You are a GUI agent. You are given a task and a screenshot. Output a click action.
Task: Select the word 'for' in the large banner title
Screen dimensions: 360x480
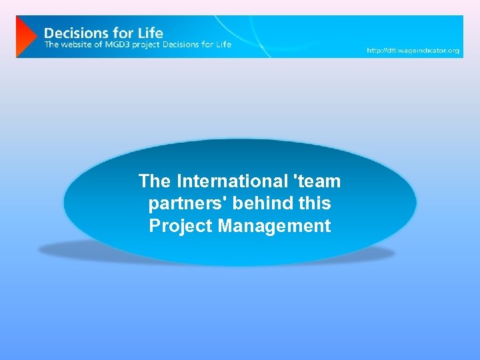pos(121,32)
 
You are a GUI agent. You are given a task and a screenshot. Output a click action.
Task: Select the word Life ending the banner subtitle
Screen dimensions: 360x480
pos(223,45)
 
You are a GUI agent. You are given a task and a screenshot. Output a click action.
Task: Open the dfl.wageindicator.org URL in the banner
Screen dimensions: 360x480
pos(413,51)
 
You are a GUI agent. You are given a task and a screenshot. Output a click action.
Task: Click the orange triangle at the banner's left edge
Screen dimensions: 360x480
pos(25,37)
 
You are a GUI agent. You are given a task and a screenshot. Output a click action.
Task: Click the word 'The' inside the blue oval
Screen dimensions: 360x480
pos(155,181)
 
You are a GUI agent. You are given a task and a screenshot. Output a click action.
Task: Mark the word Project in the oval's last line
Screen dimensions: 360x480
pos(178,226)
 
